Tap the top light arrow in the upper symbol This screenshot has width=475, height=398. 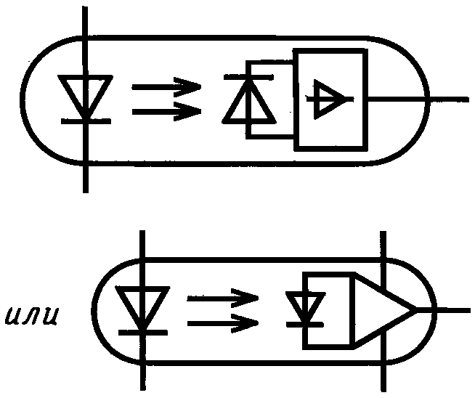coord(166,86)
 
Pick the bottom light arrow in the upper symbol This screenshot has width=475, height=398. coord(166,111)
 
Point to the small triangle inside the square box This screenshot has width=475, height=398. coord(328,97)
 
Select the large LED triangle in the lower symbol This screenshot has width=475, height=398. coord(142,305)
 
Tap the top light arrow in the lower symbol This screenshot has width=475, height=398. coord(222,298)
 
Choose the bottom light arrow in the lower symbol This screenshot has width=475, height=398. coord(222,320)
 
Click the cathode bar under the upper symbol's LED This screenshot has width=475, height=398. coord(86,121)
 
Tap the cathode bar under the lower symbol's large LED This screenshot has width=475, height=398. coord(142,331)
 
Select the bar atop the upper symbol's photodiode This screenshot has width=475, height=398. coord(248,76)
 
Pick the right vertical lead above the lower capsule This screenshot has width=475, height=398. coord(383,243)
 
